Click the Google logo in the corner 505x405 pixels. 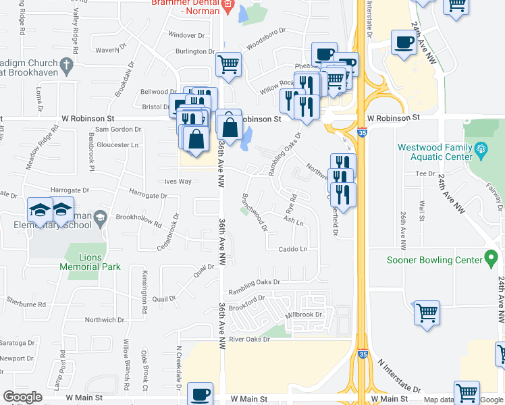coord(22,397)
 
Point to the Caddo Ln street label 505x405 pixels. coord(293,249)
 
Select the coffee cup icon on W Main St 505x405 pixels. coord(199,394)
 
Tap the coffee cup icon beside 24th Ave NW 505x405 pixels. coord(404,42)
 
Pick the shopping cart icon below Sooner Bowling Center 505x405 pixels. coord(427,313)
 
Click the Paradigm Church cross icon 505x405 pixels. coord(65,64)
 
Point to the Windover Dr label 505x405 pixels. coord(186,34)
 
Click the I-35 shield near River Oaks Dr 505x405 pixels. coord(363,354)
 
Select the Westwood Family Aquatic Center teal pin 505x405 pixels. coord(481,148)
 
